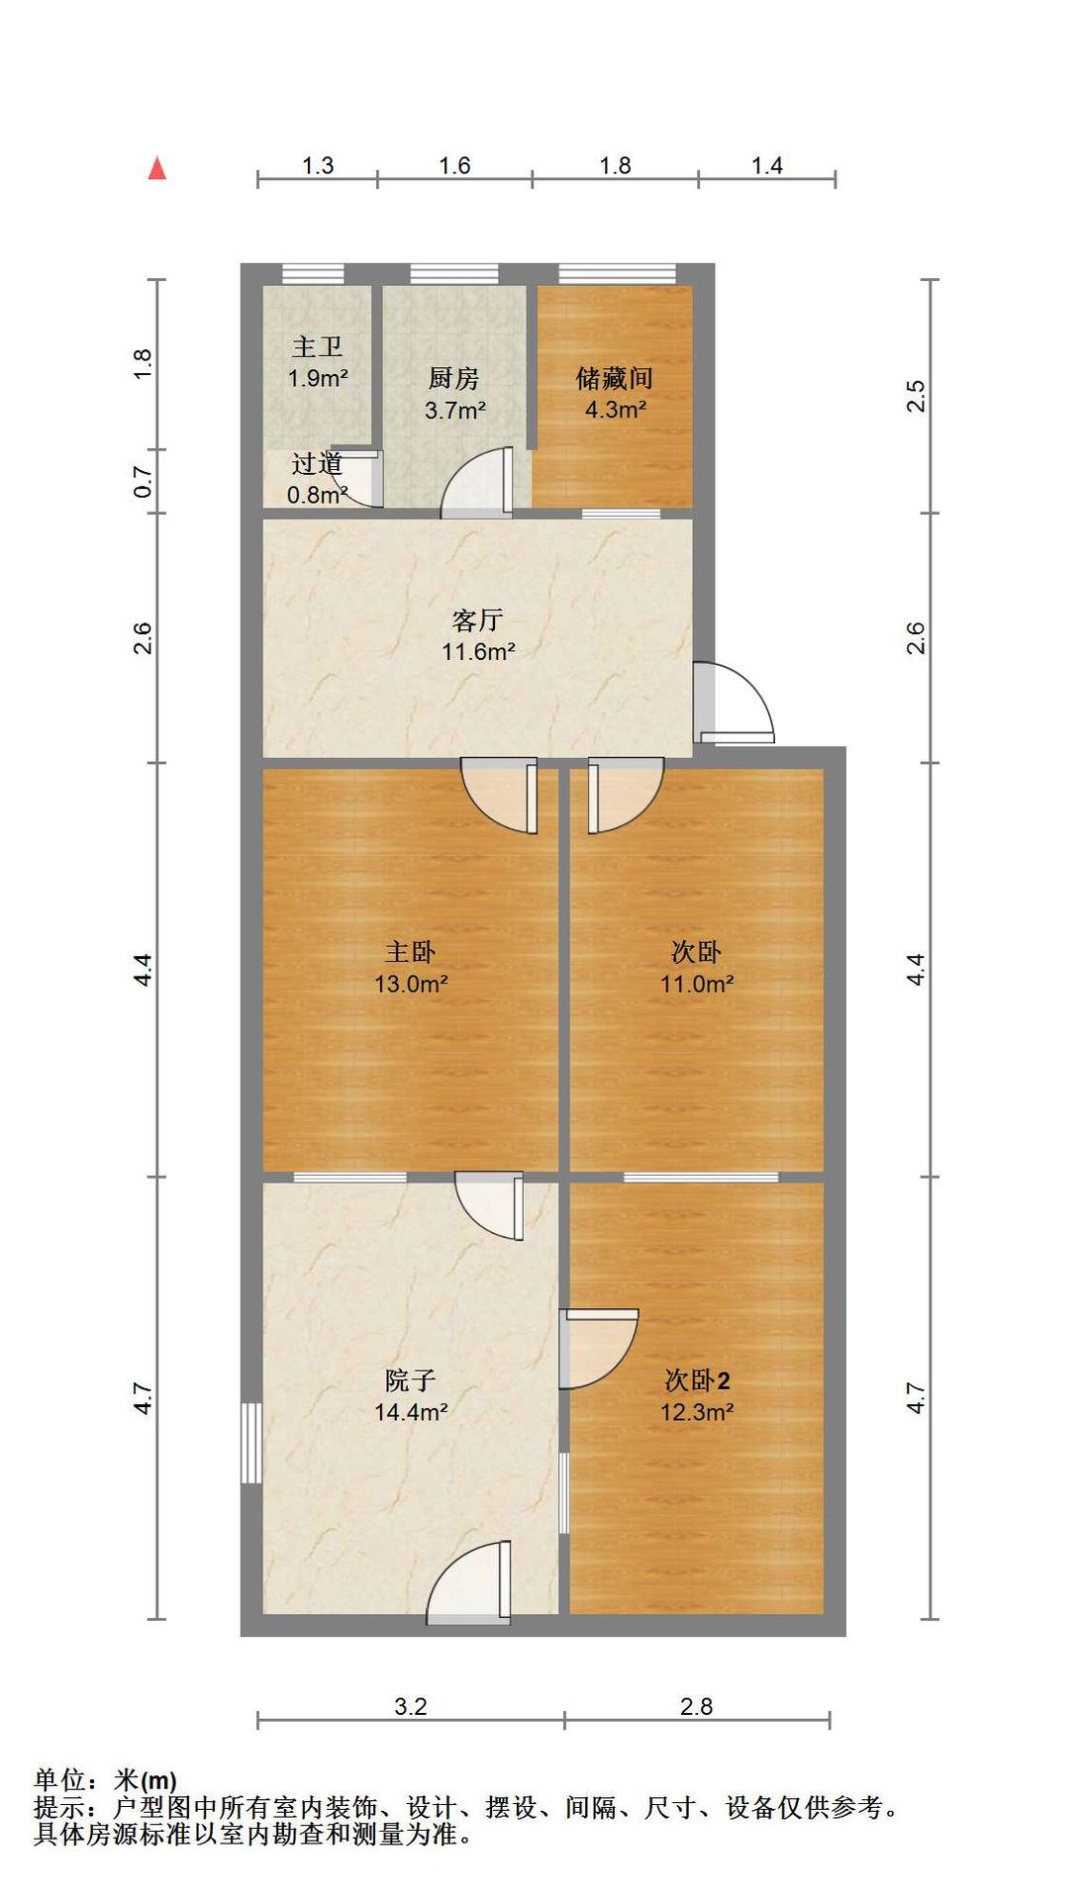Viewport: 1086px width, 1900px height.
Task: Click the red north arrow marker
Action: tap(156, 168)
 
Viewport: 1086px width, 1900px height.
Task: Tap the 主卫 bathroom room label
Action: tap(317, 347)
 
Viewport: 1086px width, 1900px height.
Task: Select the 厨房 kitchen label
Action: tap(454, 378)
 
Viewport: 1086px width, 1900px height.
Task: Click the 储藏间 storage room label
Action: tap(615, 378)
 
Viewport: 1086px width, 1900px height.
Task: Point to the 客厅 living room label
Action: tap(477, 620)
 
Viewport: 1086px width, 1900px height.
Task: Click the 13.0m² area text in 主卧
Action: tap(411, 985)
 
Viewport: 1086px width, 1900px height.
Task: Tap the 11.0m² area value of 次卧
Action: tap(697, 985)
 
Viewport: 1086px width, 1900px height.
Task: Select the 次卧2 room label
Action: tap(697, 1379)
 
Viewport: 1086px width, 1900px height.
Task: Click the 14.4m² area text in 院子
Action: tap(411, 1412)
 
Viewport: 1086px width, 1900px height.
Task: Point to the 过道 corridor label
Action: tap(317, 463)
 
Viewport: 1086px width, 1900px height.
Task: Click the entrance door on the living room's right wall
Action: tap(733, 703)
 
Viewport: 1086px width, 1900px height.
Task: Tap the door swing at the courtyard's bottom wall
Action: tap(469, 1583)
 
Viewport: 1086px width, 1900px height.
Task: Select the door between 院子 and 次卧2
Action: tap(598, 1348)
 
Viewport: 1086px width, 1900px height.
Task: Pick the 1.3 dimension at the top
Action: tap(318, 165)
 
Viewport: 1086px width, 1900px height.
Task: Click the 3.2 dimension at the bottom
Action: tap(411, 1706)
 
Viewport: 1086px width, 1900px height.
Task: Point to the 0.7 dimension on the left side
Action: tap(144, 482)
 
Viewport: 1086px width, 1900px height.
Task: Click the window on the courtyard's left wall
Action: tap(252, 1442)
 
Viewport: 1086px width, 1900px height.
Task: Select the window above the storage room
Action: tap(617, 274)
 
